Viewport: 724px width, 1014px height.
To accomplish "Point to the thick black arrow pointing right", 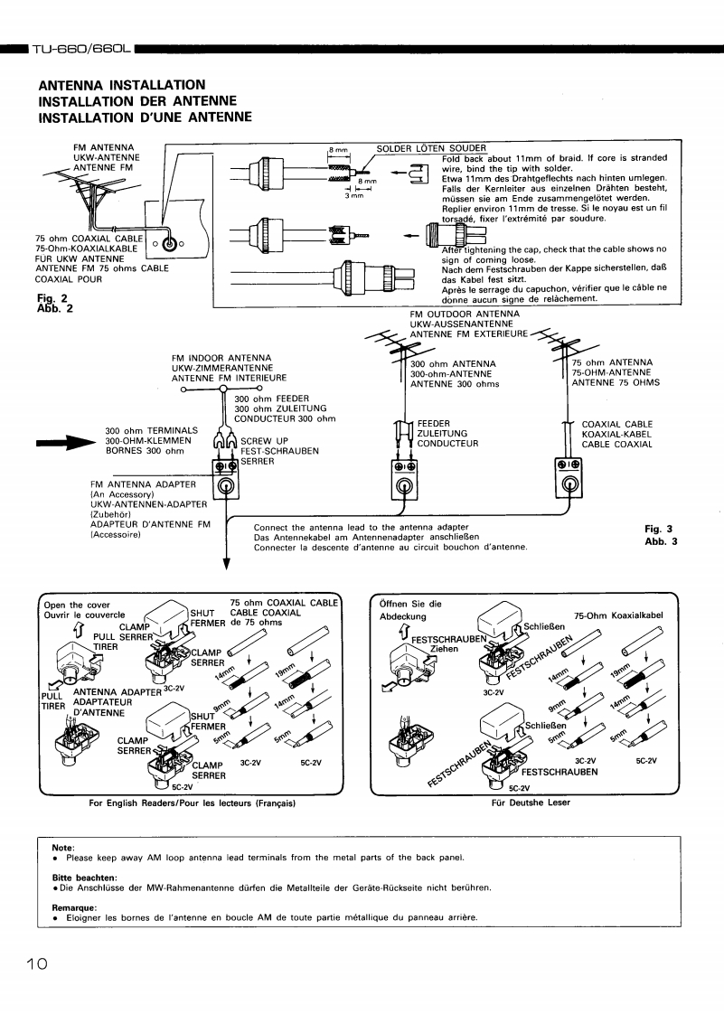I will tap(65, 442).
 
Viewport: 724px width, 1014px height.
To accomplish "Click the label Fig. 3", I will tap(660, 530).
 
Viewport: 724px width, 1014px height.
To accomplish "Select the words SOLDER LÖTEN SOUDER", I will tap(431, 149).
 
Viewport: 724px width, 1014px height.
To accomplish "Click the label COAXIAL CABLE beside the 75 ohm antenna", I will tap(616, 424).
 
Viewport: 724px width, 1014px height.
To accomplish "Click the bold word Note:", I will tap(63, 847).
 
